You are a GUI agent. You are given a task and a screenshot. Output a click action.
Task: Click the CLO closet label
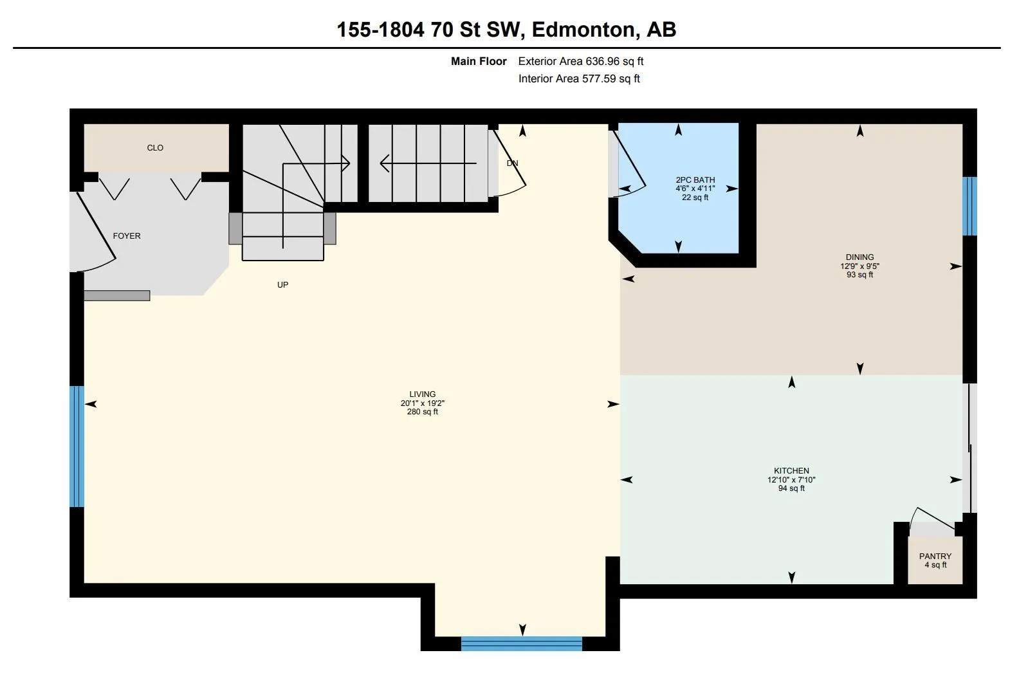point(155,148)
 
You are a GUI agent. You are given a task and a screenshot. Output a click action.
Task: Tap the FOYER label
point(127,235)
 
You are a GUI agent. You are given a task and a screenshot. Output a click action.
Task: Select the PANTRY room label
point(935,556)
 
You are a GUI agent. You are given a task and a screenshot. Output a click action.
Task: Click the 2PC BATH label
point(695,180)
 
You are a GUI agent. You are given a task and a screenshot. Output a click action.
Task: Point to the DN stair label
point(512,163)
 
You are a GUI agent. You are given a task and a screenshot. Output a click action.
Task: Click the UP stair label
point(282,285)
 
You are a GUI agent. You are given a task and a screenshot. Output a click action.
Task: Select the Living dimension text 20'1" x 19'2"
point(422,403)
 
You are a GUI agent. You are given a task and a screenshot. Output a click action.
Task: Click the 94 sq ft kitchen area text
point(791,488)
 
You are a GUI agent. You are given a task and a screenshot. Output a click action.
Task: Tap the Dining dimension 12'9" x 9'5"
point(859,266)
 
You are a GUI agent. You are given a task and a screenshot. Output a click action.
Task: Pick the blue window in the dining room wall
point(970,206)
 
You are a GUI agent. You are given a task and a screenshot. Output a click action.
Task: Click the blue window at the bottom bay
point(522,644)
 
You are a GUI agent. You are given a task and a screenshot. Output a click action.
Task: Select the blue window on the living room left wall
point(77,447)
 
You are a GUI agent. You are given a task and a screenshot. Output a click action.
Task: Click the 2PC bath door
point(630,164)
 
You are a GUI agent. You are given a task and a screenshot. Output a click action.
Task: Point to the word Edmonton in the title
point(583,30)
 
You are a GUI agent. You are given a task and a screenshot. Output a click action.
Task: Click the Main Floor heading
point(479,61)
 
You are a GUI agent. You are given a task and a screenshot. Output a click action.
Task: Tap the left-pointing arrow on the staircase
point(428,163)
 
